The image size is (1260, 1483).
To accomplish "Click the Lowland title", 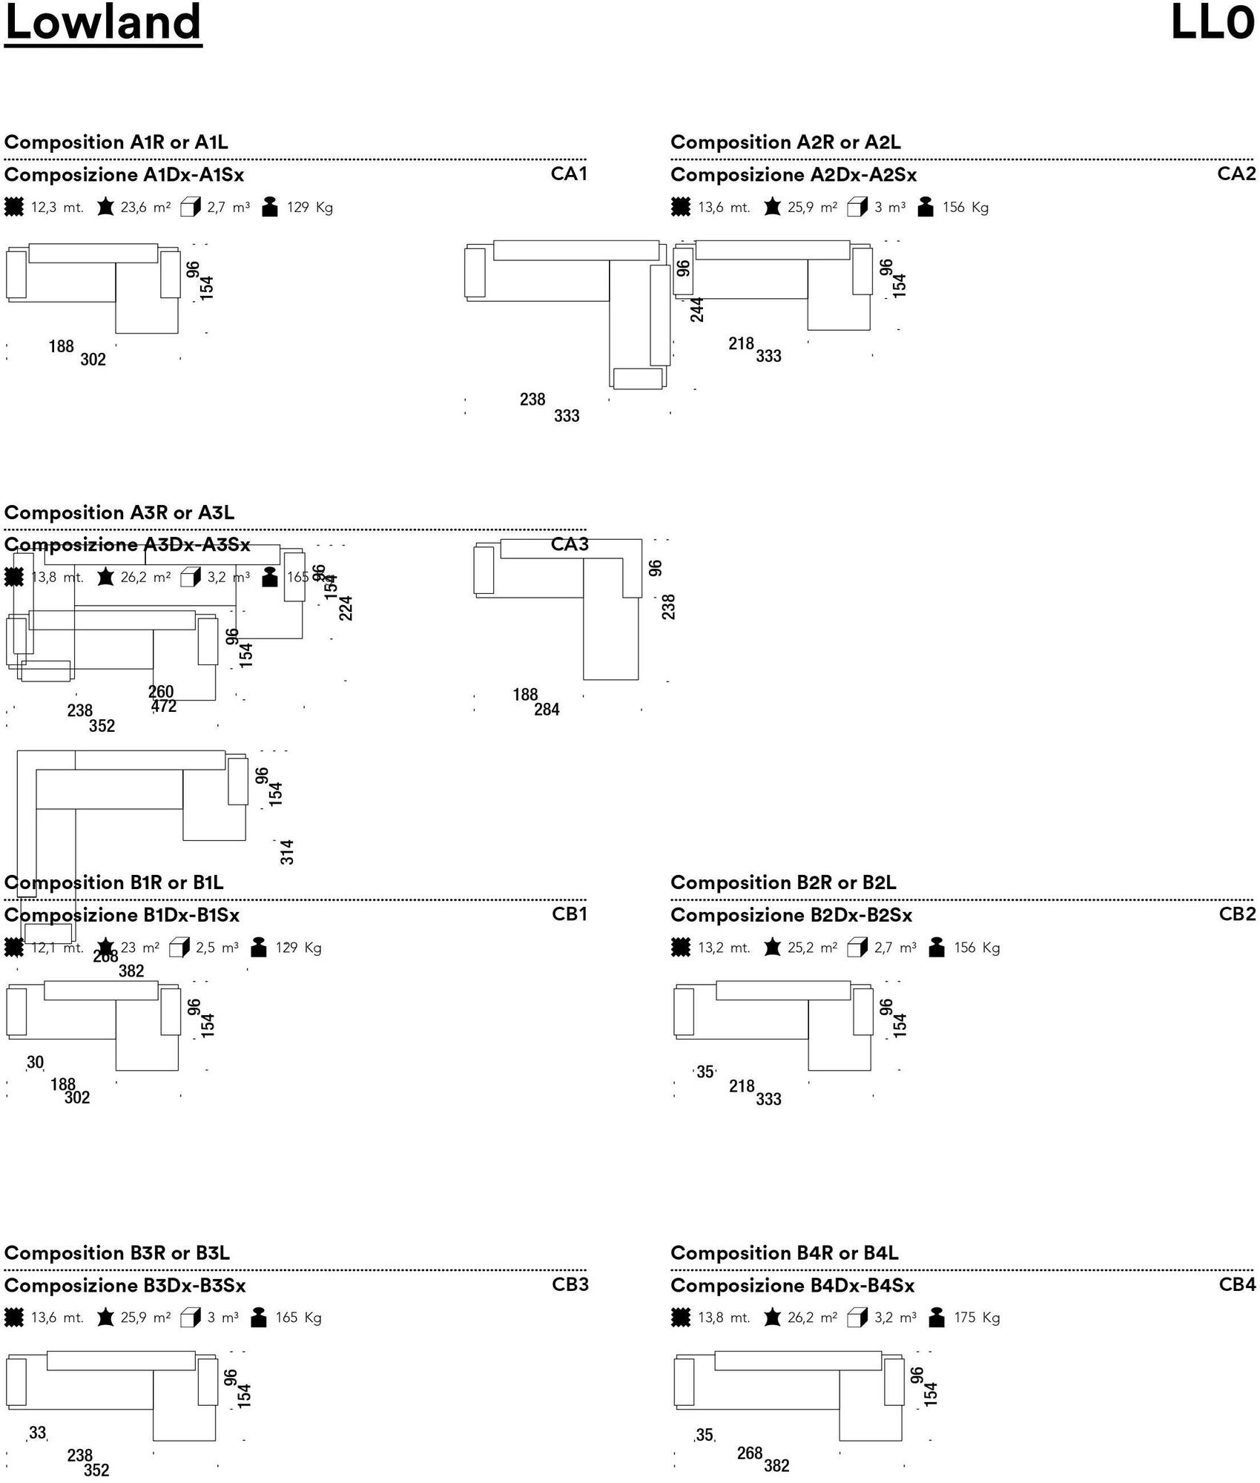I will click(x=103, y=22).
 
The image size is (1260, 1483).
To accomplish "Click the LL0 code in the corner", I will click(x=1213, y=22).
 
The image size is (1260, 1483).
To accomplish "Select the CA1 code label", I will click(x=569, y=174).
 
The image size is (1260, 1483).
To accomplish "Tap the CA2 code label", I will click(x=1236, y=174).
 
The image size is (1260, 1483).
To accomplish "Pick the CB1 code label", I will click(x=570, y=914).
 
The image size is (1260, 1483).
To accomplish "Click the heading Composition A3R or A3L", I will click(x=119, y=512).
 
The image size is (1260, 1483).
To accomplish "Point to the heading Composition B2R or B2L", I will click(x=783, y=882).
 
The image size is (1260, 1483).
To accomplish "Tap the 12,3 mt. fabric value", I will click(x=57, y=208).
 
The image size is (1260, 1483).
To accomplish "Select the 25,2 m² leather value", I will click(x=812, y=948).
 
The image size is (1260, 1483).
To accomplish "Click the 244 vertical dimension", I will click(x=697, y=310).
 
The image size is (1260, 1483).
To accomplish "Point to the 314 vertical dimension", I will click(x=287, y=852).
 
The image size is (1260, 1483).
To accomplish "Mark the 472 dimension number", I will click(x=164, y=707).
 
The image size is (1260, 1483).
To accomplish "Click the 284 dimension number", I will click(x=547, y=710).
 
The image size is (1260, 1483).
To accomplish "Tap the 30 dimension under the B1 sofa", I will click(x=35, y=1063).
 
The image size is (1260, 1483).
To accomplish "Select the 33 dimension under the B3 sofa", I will click(x=37, y=1433).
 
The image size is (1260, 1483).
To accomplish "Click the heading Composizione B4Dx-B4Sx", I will click(x=792, y=1286).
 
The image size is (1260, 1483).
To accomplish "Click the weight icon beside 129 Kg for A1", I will click(x=270, y=208).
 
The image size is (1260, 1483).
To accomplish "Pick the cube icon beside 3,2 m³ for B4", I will click(x=857, y=1318).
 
